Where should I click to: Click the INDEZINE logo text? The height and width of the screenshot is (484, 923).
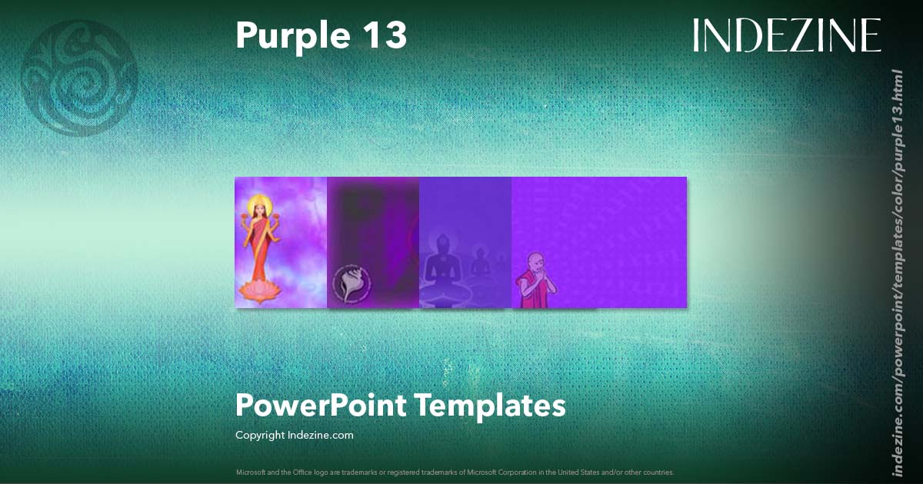pos(786,36)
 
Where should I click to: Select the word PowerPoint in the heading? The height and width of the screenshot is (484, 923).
pos(322,405)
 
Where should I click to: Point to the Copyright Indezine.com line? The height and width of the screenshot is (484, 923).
pos(295,435)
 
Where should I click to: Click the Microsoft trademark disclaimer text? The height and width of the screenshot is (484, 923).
pos(455,472)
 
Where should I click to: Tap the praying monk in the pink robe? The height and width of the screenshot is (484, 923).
pos(534,280)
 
